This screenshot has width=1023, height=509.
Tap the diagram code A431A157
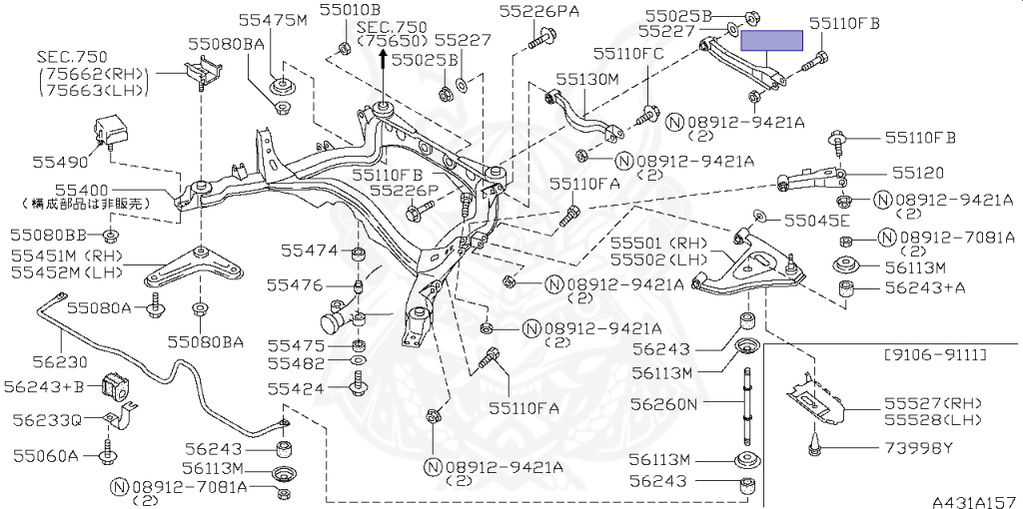click(974, 498)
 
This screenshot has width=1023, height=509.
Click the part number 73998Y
click(920, 449)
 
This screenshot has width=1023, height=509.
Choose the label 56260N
click(667, 405)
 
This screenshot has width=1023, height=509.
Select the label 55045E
click(816, 220)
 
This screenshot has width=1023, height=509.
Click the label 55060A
click(45, 456)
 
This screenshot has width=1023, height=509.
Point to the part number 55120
click(918, 173)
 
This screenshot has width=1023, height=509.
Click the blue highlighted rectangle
click(770, 41)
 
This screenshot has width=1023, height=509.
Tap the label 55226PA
click(539, 12)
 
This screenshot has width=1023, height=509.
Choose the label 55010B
click(344, 11)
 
